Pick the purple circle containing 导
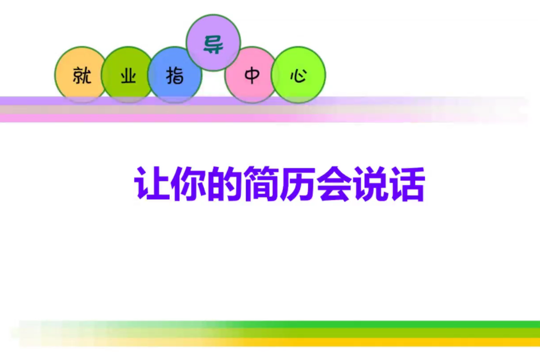213,43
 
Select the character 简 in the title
260,184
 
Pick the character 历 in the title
296,184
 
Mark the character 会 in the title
333,184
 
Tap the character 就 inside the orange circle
82,76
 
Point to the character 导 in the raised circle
213,44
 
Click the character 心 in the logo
298,76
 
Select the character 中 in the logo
251,76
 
